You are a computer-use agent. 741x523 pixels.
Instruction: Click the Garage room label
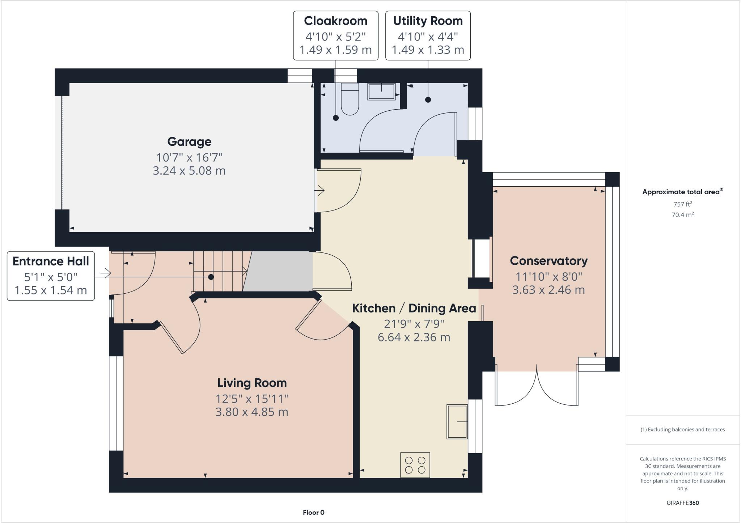[x=189, y=141]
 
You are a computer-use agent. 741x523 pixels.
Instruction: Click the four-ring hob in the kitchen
[x=415, y=465]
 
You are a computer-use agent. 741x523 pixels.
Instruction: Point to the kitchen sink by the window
[x=457, y=422]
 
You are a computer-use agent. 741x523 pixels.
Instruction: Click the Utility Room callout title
[x=428, y=21]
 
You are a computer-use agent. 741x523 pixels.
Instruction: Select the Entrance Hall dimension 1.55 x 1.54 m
[x=51, y=290]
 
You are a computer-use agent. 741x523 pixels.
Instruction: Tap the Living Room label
[x=252, y=383]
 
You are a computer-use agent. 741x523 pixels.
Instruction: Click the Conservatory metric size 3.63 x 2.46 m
[x=548, y=290]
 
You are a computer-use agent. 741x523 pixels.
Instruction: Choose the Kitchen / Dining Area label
[x=414, y=309]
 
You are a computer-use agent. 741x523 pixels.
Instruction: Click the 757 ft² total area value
[x=682, y=204]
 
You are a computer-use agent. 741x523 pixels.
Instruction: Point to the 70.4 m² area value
[x=682, y=214]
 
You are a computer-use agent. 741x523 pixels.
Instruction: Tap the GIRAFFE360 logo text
[x=682, y=503]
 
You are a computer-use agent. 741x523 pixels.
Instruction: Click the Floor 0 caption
[x=313, y=512]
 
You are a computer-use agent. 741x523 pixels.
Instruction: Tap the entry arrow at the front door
[x=105, y=273]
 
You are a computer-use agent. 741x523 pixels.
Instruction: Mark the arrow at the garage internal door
[x=320, y=190]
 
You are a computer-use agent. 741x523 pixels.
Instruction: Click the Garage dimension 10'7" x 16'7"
[x=189, y=158]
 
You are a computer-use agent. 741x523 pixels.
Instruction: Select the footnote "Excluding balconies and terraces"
[x=682, y=430]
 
